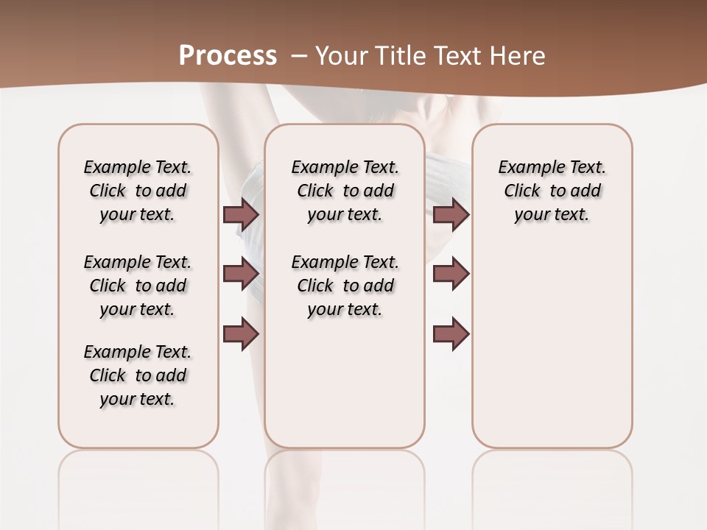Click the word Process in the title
pos(228,56)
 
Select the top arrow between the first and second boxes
pos(241,214)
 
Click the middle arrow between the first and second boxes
pos(241,274)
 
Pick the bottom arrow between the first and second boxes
pos(241,334)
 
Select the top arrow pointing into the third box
pos(451,214)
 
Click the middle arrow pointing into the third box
pos(451,274)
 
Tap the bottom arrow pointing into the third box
pos(451,334)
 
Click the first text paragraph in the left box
pos(138,191)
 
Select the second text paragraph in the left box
pos(138,286)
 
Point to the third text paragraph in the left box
pos(138,375)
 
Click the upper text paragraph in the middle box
pos(345,191)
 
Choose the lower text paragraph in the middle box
pos(345,286)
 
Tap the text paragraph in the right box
pos(552,191)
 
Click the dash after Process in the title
pos(300,56)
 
